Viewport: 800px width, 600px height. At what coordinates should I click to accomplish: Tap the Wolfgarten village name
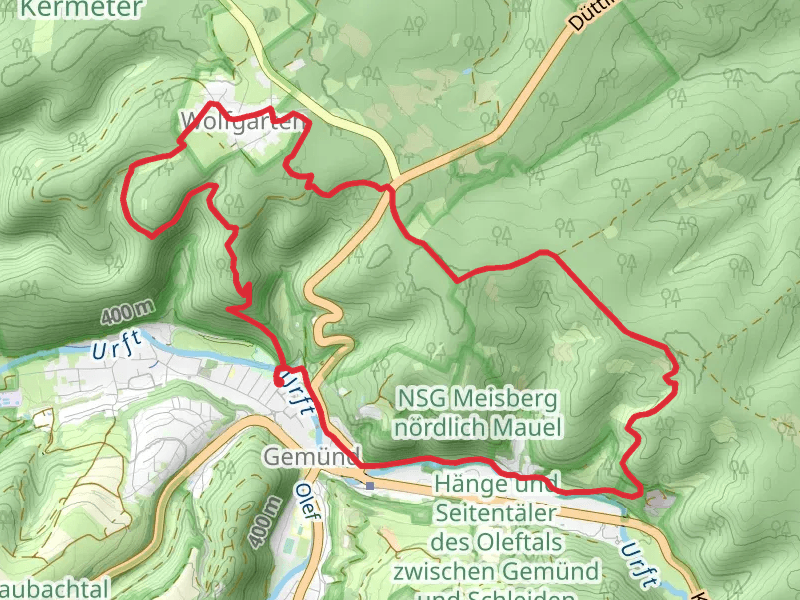(239, 122)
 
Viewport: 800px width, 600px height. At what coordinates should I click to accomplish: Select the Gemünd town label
(311, 456)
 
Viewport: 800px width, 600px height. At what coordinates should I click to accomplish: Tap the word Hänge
(464, 485)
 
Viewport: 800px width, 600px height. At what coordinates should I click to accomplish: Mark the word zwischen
(436, 571)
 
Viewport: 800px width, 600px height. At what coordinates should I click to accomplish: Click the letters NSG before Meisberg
(418, 399)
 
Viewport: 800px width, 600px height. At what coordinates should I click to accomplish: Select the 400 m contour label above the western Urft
(128, 312)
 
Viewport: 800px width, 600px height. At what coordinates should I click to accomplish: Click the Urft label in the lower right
(639, 564)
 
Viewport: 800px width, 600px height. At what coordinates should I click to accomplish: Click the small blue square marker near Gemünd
(370, 486)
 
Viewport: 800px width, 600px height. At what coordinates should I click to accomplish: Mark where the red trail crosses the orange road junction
(390, 186)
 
